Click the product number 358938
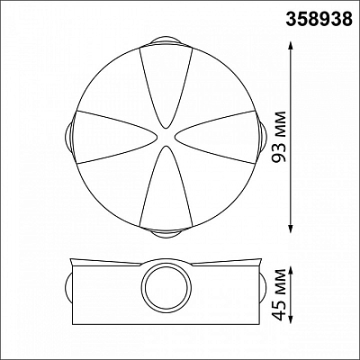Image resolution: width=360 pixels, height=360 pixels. click(x=319, y=19)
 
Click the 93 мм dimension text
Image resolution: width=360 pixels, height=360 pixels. click(x=277, y=137)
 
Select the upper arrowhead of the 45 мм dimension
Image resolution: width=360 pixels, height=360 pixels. click(x=291, y=272)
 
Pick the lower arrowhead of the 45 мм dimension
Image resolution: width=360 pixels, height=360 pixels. click(x=291, y=317)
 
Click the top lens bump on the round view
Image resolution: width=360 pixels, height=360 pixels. click(x=166, y=40)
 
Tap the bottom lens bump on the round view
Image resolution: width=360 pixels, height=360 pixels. click(x=166, y=234)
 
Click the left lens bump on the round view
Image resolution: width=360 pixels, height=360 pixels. click(x=69, y=137)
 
